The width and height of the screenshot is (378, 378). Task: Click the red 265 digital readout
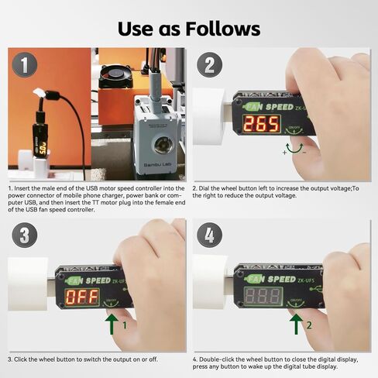(262, 124)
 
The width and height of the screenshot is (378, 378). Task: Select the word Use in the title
(139, 29)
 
